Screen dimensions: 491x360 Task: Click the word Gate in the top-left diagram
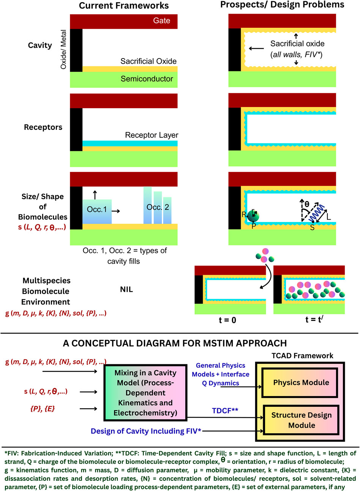(161, 20)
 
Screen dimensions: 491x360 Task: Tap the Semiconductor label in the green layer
(147, 79)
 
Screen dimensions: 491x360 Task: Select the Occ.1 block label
(97, 209)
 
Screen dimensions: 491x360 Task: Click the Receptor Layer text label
(152, 135)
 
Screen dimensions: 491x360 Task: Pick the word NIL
(126, 290)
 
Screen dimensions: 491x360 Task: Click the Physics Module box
(301, 382)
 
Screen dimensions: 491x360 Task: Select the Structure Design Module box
(301, 420)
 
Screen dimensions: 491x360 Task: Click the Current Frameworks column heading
(124, 6)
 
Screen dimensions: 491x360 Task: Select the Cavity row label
(40, 45)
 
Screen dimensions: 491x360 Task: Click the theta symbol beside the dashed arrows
(307, 204)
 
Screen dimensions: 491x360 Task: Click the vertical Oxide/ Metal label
(63, 49)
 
